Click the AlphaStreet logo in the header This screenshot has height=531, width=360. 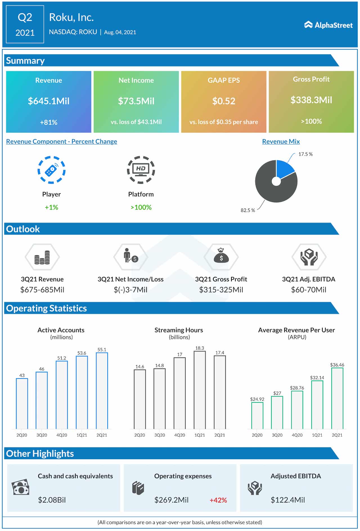(x=328, y=25)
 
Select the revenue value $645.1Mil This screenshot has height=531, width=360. (x=49, y=101)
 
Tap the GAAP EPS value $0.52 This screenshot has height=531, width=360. (x=224, y=101)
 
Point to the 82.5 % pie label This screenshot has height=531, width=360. (x=248, y=210)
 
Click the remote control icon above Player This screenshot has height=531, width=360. (x=51, y=170)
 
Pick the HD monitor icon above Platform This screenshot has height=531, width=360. (x=141, y=170)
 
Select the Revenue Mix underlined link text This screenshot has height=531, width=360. (x=281, y=142)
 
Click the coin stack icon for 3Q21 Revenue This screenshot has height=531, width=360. (x=42, y=257)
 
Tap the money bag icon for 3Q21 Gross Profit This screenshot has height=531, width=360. (x=221, y=256)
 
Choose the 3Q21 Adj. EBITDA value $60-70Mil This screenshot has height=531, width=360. (x=309, y=290)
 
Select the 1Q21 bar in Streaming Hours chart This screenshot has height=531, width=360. (x=200, y=390)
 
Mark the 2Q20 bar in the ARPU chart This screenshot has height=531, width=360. (x=257, y=416)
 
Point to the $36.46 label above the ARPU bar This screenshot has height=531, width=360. (x=337, y=365)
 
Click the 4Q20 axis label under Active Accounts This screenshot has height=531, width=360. (x=62, y=435)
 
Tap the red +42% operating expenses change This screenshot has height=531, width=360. (x=218, y=500)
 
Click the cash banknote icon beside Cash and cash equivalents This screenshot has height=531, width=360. (x=21, y=487)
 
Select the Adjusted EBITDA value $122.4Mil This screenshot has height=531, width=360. (x=287, y=500)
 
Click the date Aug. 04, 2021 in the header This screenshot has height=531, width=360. (x=120, y=32)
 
